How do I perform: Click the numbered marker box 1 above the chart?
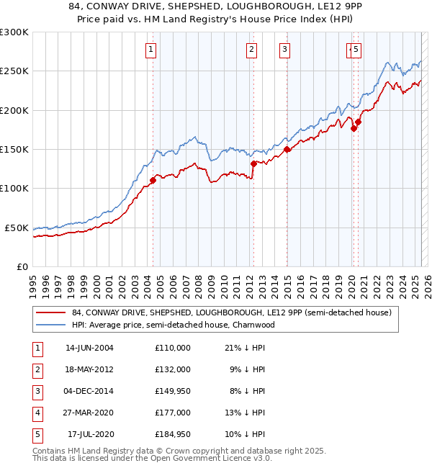[x=151, y=50]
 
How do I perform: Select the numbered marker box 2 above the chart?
[x=251, y=50]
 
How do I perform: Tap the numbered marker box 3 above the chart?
[x=285, y=50]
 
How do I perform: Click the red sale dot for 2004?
[x=153, y=180]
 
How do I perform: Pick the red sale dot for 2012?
[x=253, y=163]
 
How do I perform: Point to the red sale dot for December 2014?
[x=287, y=150]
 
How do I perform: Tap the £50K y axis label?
[x=17, y=228]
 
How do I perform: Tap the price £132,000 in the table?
[x=172, y=369]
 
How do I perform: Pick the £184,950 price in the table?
[x=172, y=434]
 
